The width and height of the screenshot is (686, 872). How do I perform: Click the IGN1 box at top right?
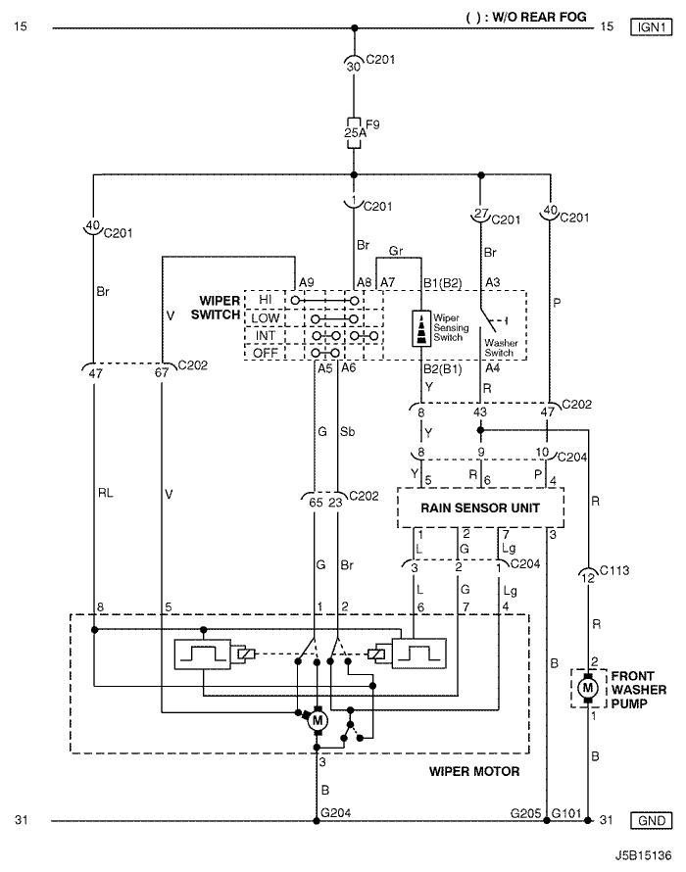(651, 26)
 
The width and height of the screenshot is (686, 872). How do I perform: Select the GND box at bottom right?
(651, 820)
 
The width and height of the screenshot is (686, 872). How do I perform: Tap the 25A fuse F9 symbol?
(354, 133)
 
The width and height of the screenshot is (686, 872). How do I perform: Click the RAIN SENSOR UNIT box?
(481, 508)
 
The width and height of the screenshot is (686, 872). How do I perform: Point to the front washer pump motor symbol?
(588, 688)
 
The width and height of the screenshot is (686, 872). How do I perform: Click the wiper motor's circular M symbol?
(318, 721)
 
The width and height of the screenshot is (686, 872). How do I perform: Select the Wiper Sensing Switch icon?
(421, 328)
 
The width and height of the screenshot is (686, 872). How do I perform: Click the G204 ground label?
(335, 812)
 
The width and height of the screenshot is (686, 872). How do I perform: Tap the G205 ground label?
(525, 813)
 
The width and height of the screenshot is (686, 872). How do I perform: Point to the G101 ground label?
(566, 813)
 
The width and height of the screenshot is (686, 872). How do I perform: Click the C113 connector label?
(614, 570)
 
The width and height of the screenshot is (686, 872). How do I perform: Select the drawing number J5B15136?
(643, 855)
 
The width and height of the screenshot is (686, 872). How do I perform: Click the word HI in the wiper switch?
(265, 299)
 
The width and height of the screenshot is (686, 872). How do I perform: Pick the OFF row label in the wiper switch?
(265, 353)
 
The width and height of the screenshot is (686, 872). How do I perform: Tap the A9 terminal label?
(307, 282)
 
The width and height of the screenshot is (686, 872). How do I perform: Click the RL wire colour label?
(105, 493)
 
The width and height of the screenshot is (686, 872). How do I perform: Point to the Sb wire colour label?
(347, 431)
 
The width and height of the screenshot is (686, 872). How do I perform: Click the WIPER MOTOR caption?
(474, 771)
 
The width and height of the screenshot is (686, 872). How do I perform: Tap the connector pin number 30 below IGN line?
(354, 67)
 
